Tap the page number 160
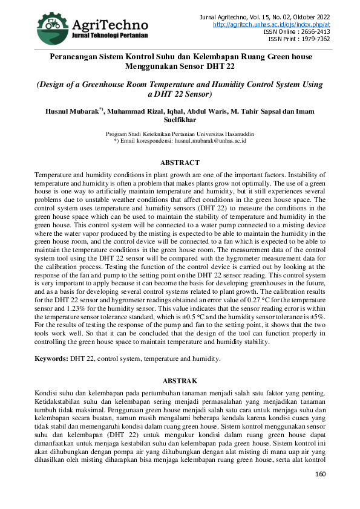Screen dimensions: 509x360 (x=321, y=473)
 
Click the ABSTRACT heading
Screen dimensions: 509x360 (x=180, y=163)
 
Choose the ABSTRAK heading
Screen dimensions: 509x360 (x=180, y=381)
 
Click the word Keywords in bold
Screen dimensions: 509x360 (x=51, y=358)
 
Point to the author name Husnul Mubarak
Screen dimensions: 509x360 (x=71, y=111)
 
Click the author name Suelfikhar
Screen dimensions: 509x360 (x=180, y=120)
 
